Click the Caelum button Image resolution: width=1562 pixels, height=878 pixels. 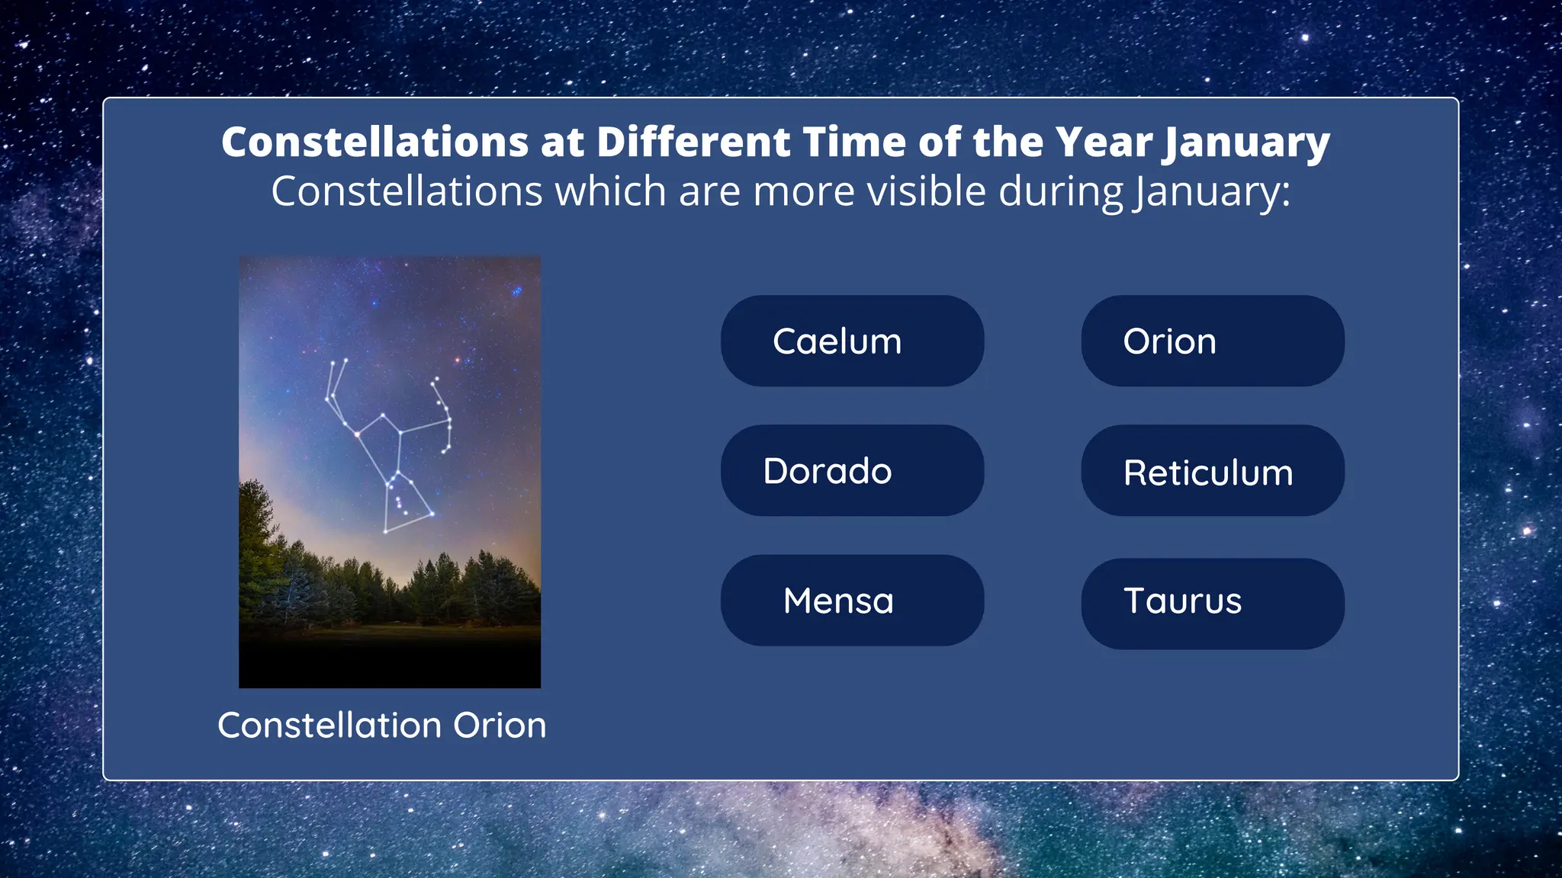click(x=852, y=341)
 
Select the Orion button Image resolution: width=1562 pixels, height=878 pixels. click(x=1212, y=341)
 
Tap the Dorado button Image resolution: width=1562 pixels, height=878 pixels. click(x=852, y=470)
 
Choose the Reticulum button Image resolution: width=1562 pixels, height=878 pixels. click(x=1212, y=472)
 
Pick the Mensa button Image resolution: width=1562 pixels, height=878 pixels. click(x=852, y=601)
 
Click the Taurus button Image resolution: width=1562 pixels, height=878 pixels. click(x=1212, y=602)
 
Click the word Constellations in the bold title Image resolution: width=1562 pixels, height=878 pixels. click(x=374, y=143)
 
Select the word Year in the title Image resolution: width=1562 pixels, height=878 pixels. click(x=1104, y=143)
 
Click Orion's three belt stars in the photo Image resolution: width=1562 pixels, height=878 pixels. click(x=394, y=480)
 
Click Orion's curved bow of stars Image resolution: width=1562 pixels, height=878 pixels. click(x=445, y=415)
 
